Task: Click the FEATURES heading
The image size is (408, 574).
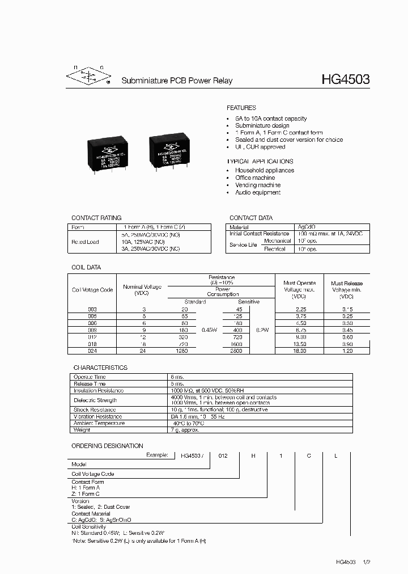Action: (241, 108)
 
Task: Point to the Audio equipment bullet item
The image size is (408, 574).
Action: (258, 192)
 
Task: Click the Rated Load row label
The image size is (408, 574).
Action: (85, 242)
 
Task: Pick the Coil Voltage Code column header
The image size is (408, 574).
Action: (92, 290)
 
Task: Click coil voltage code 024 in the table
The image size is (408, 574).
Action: (92, 351)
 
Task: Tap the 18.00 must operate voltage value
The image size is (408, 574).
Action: (299, 351)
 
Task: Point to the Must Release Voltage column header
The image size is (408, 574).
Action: (346, 290)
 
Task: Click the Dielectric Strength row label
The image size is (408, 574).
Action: (95, 400)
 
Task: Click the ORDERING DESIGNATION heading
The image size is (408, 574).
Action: (107, 446)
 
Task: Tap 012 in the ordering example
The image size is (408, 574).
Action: (223, 455)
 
